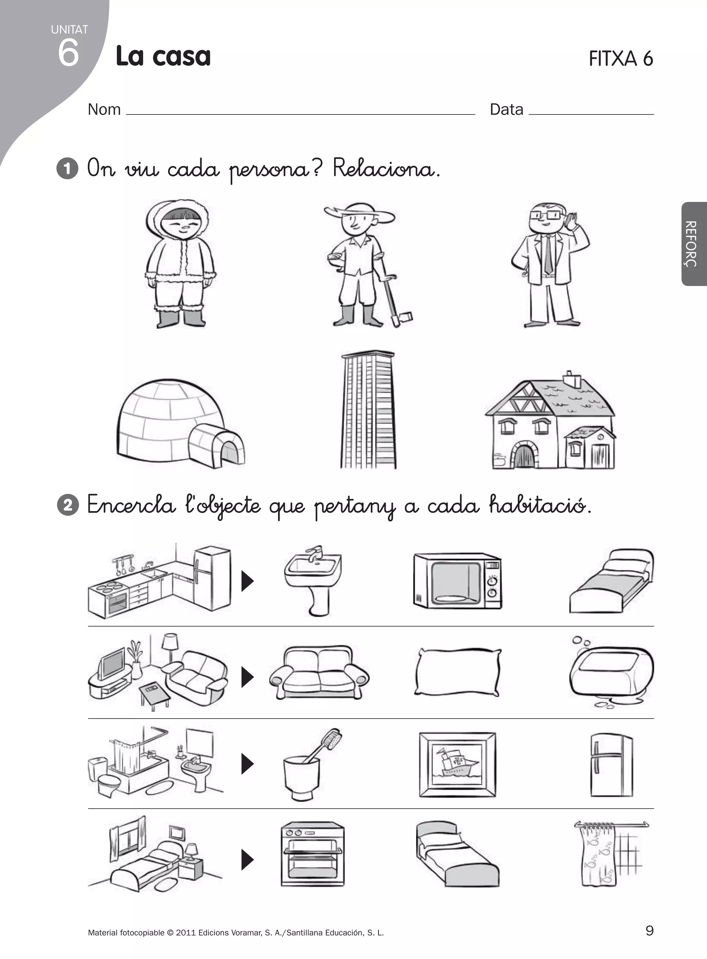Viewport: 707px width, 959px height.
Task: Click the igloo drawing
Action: [180, 423]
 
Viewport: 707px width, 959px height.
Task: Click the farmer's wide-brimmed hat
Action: [359, 213]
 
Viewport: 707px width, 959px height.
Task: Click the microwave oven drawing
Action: [457, 580]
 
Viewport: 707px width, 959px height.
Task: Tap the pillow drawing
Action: [457, 673]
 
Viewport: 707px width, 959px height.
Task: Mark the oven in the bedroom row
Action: [312, 854]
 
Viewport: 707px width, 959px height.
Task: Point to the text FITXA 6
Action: [621, 59]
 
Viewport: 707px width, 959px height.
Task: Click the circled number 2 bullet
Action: [68, 505]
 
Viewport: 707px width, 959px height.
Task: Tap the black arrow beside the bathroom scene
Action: [248, 764]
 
